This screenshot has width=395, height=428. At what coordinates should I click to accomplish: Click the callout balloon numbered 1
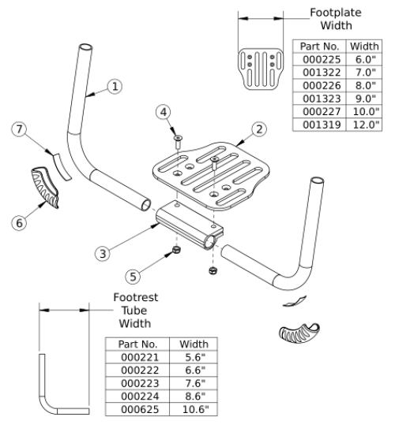115,87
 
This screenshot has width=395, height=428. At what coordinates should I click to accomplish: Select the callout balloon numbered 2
259,128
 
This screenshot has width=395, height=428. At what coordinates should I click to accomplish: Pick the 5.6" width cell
194,357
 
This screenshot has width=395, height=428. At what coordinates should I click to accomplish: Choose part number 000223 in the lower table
138,382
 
